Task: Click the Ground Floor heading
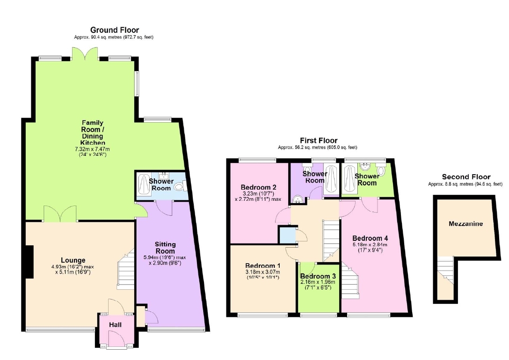(115, 30)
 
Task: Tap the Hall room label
(115, 325)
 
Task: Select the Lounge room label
(73, 260)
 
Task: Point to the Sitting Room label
(165, 248)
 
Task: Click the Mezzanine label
(465, 224)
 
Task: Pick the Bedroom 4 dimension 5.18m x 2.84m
(370, 245)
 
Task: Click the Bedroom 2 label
(258, 187)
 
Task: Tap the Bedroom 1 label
(263, 266)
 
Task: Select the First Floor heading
(319, 140)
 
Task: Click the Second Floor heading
(466, 177)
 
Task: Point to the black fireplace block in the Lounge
(29, 262)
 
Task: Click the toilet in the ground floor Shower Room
(179, 186)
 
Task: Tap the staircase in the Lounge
(126, 269)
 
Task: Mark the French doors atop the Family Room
(85, 54)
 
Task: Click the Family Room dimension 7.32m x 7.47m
(93, 149)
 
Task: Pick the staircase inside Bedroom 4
(350, 281)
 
